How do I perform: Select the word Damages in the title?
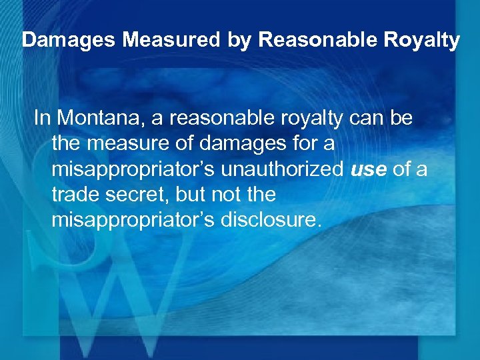click(x=62, y=40)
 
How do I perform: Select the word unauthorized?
click(x=283, y=169)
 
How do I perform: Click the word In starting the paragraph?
click(x=42, y=118)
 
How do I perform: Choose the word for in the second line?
click(x=295, y=143)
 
